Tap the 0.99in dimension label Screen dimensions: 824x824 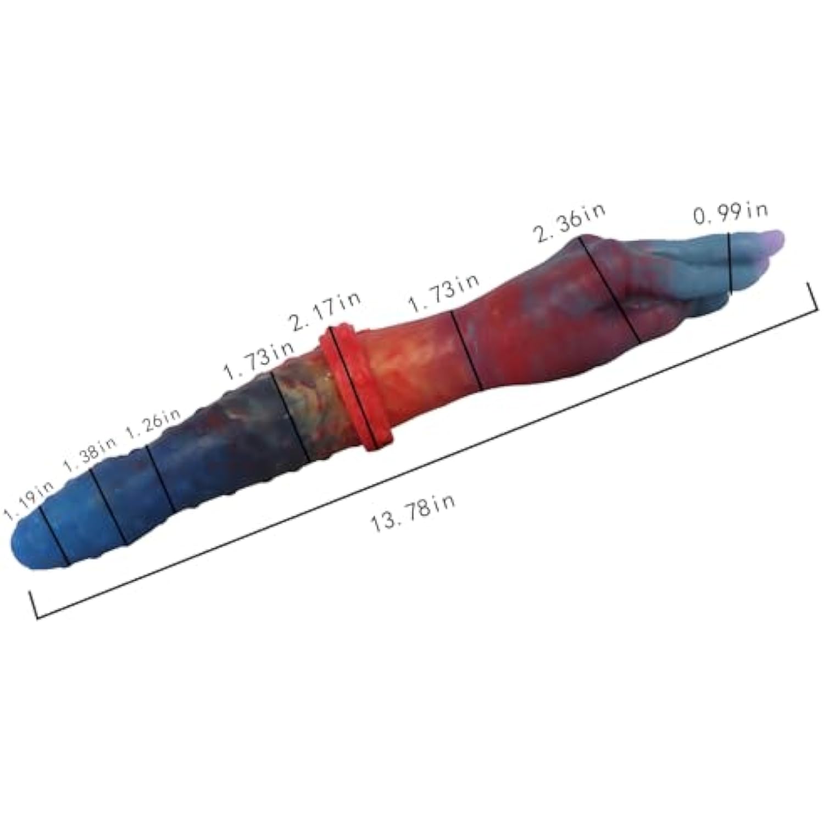(730, 213)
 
